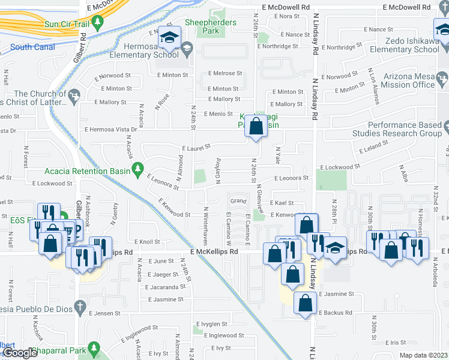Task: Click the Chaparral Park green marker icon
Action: point(92,347)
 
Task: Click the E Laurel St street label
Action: point(196,146)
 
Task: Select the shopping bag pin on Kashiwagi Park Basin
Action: point(256,127)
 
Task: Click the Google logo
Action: point(20,353)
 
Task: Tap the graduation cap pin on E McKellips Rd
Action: point(335,248)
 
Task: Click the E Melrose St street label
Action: point(225,73)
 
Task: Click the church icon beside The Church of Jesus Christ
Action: point(74,95)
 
